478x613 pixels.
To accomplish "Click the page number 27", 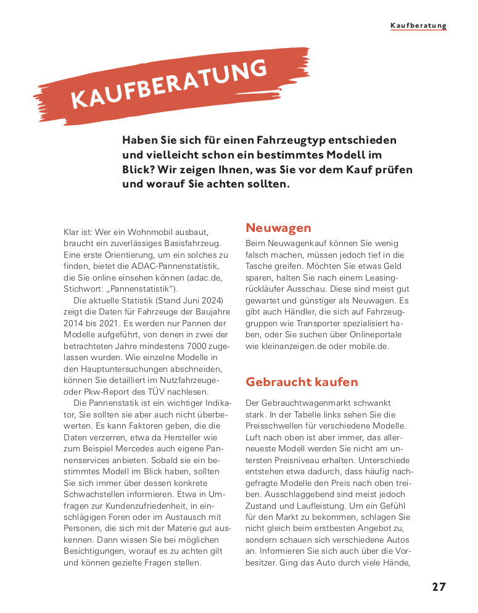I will (x=438, y=586).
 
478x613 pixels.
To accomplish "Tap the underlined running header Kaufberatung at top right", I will (x=418, y=26).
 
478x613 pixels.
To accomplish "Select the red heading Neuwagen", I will (x=278, y=228).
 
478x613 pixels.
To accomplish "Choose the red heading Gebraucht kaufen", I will (x=302, y=382).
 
